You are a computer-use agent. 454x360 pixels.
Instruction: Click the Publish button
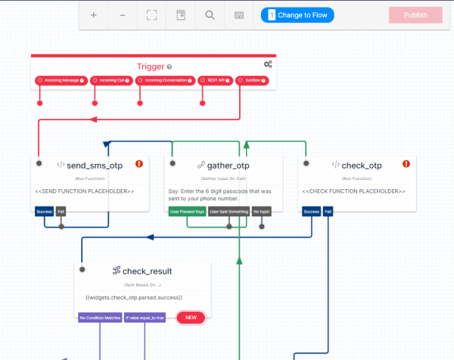415,14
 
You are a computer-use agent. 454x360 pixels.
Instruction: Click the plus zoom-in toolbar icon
94,14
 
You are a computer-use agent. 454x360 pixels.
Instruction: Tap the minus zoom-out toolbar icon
123,14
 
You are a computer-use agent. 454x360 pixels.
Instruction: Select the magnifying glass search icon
210,14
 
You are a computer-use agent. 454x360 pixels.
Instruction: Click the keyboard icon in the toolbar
239,14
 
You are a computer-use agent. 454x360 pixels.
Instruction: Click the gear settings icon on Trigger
268,65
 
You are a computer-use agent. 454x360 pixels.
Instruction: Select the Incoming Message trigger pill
61,80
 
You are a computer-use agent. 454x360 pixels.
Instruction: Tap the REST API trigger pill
215,80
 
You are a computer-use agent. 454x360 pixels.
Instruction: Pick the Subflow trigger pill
250,80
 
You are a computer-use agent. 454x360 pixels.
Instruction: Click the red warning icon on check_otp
406,163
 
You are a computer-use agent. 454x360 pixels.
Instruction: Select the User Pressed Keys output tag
186,212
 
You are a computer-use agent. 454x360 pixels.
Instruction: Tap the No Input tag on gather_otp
262,212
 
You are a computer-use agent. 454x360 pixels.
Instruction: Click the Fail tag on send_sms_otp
61,212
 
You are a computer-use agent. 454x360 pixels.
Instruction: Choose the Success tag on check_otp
311,212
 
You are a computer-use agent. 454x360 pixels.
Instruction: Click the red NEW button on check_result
191,318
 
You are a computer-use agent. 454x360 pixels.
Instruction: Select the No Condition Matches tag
100,318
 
